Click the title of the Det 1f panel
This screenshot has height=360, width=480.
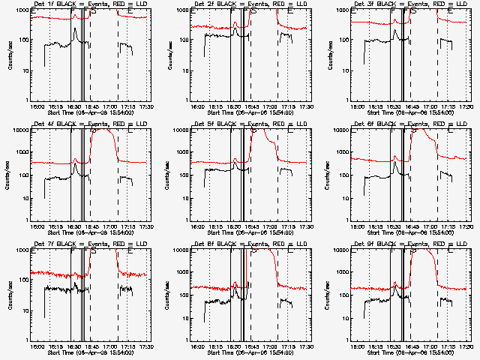point(90,4)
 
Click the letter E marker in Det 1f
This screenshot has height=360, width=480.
point(130,13)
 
